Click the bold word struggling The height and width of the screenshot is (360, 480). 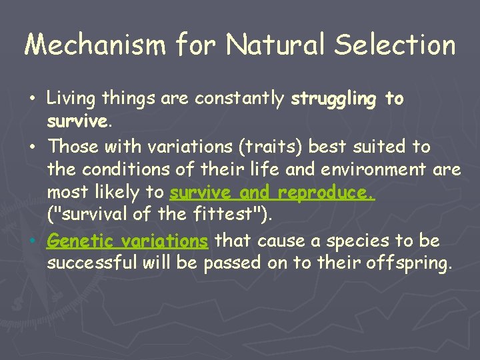pyautogui.click(x=334, y=99)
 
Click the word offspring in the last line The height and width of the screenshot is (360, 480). pyautogui.click(x=409, y=263)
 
